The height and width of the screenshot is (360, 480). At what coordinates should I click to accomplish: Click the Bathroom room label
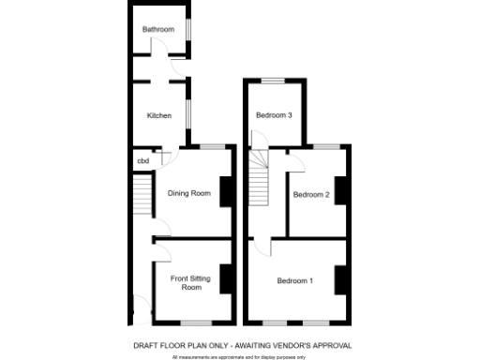point(158,30)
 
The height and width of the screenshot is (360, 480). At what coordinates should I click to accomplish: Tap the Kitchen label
point(158,115)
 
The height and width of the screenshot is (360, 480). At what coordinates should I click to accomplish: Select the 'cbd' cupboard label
point(143,161)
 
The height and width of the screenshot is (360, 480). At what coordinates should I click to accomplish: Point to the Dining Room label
point(188,194)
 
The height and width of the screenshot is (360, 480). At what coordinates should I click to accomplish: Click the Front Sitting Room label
point(191,283)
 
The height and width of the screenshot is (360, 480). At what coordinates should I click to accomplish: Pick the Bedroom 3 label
point(275,115)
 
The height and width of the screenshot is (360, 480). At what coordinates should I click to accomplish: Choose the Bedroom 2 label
point(311,195)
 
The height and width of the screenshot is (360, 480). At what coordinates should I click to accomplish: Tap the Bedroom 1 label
point(295,280)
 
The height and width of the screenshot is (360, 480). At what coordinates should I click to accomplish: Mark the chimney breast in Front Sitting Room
point(226,278)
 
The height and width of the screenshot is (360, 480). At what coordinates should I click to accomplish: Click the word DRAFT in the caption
point(146,345)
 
